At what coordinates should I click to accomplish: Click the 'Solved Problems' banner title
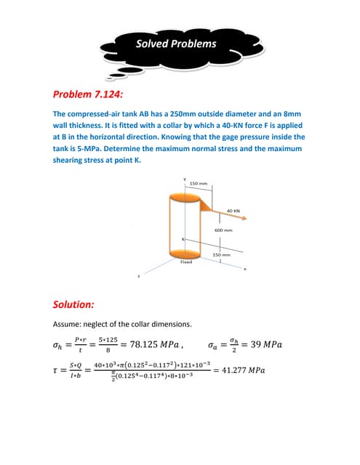point(176,44)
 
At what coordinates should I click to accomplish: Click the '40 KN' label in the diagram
point(233,211)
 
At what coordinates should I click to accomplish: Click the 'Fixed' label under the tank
point(186,262)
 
